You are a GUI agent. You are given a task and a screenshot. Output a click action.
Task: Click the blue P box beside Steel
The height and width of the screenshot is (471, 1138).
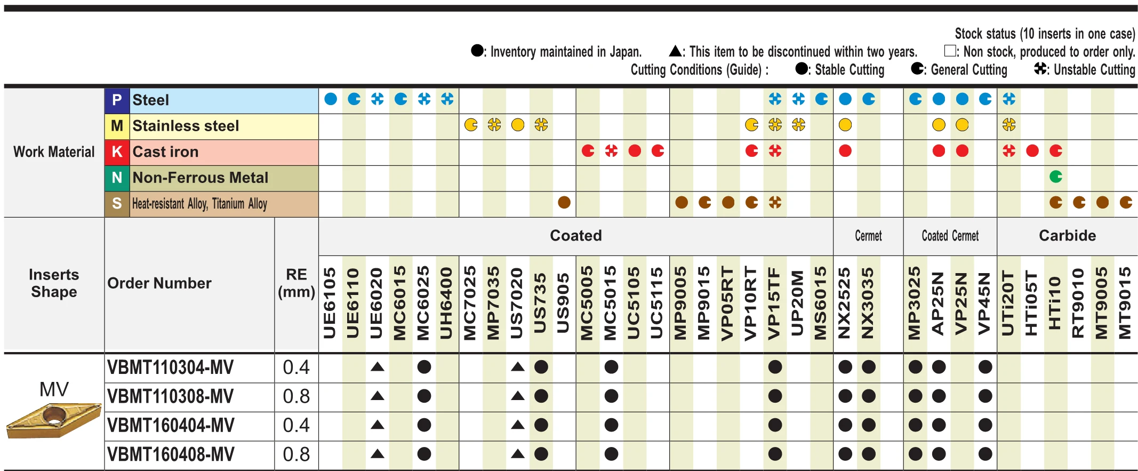pos(117,100)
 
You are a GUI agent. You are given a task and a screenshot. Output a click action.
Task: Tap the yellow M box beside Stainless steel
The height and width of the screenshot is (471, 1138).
pos(117,126)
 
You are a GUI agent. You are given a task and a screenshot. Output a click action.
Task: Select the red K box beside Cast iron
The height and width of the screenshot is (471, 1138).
pos(117,152)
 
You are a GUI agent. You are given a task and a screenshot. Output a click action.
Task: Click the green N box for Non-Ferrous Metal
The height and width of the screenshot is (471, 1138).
pos(117,178)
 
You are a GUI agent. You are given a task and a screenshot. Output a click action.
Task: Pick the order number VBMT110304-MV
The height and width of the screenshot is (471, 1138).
pos(170,368)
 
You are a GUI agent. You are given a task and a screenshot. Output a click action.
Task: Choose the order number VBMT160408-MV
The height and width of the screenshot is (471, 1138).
pos(171,454)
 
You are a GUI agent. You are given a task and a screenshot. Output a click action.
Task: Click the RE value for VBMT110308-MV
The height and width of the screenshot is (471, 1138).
pos(296,396)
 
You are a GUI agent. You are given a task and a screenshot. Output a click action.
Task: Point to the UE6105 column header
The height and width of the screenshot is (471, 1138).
pos(330,303)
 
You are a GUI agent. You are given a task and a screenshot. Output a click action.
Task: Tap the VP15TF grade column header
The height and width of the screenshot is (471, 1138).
pos(774,303)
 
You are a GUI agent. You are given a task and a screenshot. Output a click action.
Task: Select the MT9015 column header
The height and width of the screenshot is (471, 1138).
pos(1125,303)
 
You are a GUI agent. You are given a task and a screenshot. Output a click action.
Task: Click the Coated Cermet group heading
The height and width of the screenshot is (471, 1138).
pos(950,236)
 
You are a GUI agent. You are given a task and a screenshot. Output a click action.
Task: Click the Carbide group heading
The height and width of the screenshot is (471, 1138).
pos(1067,236)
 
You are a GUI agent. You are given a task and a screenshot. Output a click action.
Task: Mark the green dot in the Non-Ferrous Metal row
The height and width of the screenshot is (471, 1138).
pos(1055,177)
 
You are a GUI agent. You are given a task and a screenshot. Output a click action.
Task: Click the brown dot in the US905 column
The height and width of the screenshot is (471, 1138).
pos(564,203)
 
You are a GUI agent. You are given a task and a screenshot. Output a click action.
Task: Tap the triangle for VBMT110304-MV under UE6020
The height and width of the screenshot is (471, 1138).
pos(377,367)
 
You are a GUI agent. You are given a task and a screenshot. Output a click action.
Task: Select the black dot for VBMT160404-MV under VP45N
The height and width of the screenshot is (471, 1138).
pos(985,425)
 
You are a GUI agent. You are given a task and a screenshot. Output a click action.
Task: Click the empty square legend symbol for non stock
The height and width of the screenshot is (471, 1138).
pos(949,51)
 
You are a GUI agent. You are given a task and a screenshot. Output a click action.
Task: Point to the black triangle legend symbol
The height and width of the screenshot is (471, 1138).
pos(675,51)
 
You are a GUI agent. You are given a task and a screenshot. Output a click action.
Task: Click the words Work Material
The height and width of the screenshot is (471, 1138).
pos(54,152)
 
